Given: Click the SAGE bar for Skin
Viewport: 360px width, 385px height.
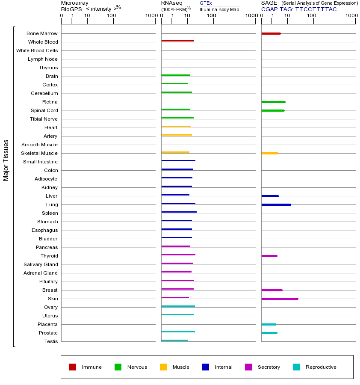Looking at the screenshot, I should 280,299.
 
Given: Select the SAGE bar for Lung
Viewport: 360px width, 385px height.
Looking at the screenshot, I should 276,204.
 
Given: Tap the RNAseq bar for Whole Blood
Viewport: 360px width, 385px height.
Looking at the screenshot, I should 177,41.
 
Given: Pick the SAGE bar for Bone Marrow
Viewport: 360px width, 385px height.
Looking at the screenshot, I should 271,33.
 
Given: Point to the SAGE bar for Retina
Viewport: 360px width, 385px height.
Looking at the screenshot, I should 273,102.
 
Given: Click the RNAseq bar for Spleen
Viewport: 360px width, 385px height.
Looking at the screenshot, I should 179,212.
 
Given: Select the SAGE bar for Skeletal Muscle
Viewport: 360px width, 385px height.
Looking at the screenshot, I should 269,153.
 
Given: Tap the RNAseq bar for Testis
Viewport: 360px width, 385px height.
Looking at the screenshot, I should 174,341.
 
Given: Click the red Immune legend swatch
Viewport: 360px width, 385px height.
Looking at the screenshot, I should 73,367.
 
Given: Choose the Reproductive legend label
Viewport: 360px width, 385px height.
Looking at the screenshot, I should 321,367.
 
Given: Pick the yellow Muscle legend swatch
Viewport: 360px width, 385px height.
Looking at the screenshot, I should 163,367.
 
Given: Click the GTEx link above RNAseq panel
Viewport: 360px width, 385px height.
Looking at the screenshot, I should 206,3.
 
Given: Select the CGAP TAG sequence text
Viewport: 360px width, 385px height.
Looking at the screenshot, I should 316,9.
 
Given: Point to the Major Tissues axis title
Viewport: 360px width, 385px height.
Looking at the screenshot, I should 6,160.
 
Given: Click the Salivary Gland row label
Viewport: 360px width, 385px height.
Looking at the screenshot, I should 41,264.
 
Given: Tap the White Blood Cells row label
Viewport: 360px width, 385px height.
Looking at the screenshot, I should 37,50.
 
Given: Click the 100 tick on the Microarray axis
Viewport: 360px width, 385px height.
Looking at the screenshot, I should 114,16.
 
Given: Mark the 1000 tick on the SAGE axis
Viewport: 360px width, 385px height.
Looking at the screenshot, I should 351,16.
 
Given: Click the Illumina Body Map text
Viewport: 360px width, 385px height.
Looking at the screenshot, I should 219,9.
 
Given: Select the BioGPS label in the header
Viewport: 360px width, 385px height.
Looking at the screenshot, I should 71,9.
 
